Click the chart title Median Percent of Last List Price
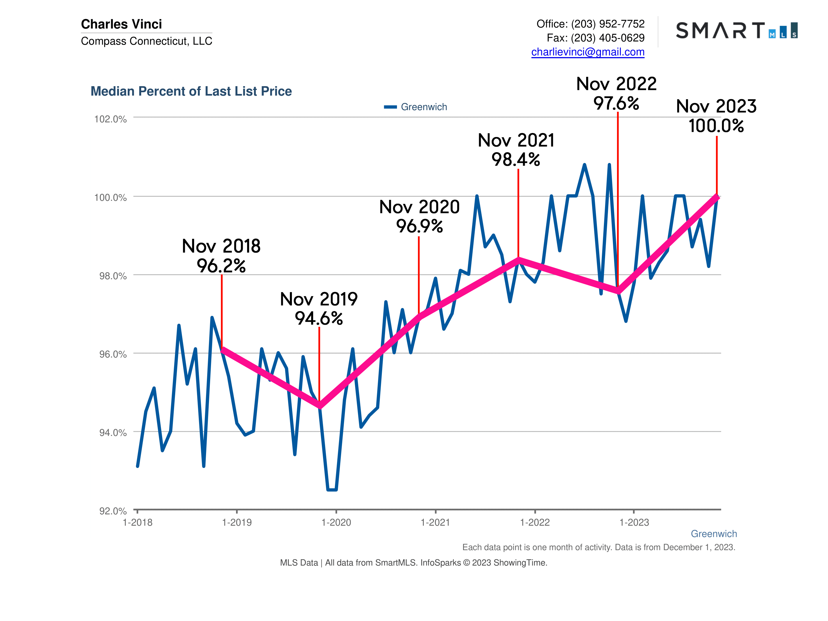tap(191, 91)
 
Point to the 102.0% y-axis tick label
tap(110, 119)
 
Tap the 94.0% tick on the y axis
tap(113, 433)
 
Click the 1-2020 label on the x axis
tap(336, 523)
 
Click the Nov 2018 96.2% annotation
tap(221, 256)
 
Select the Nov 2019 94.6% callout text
tap(319, 309)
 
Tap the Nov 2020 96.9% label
tap(419, 216)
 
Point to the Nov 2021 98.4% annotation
tap(516, 150)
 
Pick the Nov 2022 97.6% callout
tap(616, 93)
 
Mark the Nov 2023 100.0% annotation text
tap(716, 116)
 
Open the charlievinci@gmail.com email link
tap(588, 52)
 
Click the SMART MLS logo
tap(736, 30)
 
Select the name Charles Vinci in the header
tap(121, 24)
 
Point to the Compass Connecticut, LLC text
tap(146, 41)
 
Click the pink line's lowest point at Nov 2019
tap(320, 406)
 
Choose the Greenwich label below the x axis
tap(713, 534)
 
